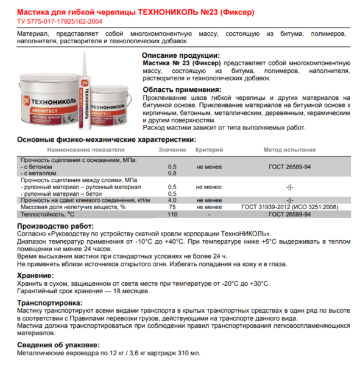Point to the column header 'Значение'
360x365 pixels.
coord(172,149)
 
